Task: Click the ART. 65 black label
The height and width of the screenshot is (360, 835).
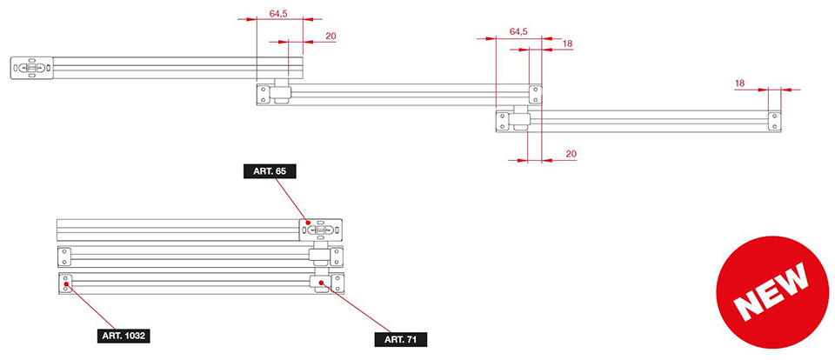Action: (x=270, y=171)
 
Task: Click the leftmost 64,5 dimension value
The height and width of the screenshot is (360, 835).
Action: (x=279, y=14)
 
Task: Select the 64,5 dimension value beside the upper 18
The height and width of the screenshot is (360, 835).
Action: (x=518, y=31)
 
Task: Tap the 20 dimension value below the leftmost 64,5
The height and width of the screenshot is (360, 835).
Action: (x=331, y=36)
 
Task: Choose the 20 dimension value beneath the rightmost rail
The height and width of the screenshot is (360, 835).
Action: (x=571, y=154)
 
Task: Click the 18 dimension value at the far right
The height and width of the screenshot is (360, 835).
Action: (x=739, y=83)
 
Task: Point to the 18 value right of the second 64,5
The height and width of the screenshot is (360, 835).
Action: (x=567, y=43)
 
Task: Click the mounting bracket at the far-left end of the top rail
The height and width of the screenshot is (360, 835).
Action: (x=32, y=68)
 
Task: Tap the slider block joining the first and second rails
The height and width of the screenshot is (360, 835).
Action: (x=282, y=90)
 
